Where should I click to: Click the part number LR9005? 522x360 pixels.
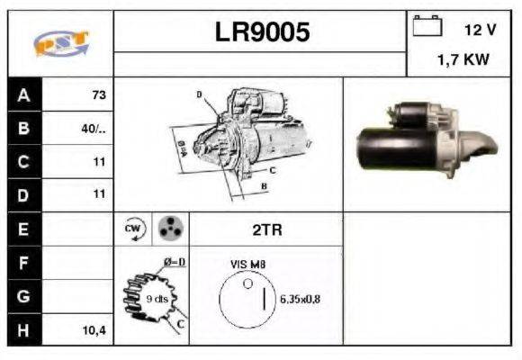click(262, 32)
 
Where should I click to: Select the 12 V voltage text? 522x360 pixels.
click(480, 29)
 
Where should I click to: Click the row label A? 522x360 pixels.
click(24, 94)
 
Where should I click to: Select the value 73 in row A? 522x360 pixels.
click(98, 94)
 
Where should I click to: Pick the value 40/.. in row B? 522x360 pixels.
click(94, 128)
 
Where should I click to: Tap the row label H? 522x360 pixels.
click(24, 330)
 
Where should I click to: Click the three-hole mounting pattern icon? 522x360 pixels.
click(168, 229)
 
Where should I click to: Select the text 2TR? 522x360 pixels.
click(265, 229)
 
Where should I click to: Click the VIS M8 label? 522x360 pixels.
click(248, 265)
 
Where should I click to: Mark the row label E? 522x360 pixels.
click(24, 229)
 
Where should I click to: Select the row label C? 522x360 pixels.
click(24, 162)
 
